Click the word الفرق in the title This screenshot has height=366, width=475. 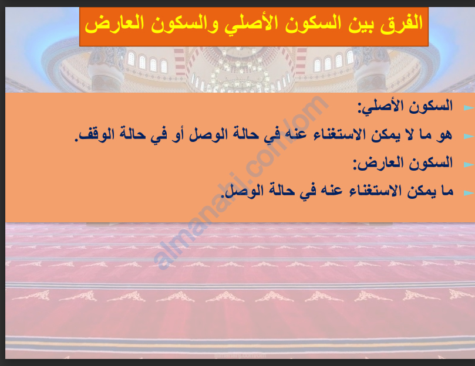pos(402,23)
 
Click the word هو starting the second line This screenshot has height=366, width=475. pos(444,134)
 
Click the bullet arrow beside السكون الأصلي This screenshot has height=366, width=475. pos(469,108)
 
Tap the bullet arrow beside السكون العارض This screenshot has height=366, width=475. pos(469,165)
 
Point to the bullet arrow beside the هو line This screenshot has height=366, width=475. pos(469,136)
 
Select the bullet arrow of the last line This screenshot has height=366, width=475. pos(469,193)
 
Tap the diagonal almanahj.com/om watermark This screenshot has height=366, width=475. pos(241,182)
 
